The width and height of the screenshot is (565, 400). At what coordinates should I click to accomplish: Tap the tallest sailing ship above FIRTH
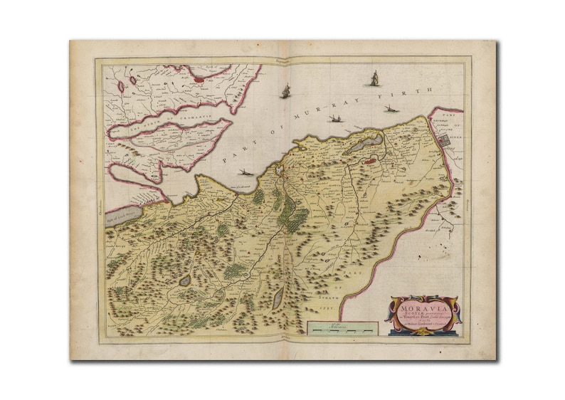(x=374, y=78)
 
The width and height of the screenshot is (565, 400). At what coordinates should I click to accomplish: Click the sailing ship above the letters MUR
(x=286, y=91)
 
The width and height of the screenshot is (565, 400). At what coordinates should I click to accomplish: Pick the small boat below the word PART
(x=245, y=172)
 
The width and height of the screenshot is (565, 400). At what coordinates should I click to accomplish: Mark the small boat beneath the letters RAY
(x=335, y=119)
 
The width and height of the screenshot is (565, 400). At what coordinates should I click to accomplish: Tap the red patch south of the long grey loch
(x=371, y=161)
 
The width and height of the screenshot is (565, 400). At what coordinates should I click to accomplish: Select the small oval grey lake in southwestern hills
(x=184, y=280)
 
